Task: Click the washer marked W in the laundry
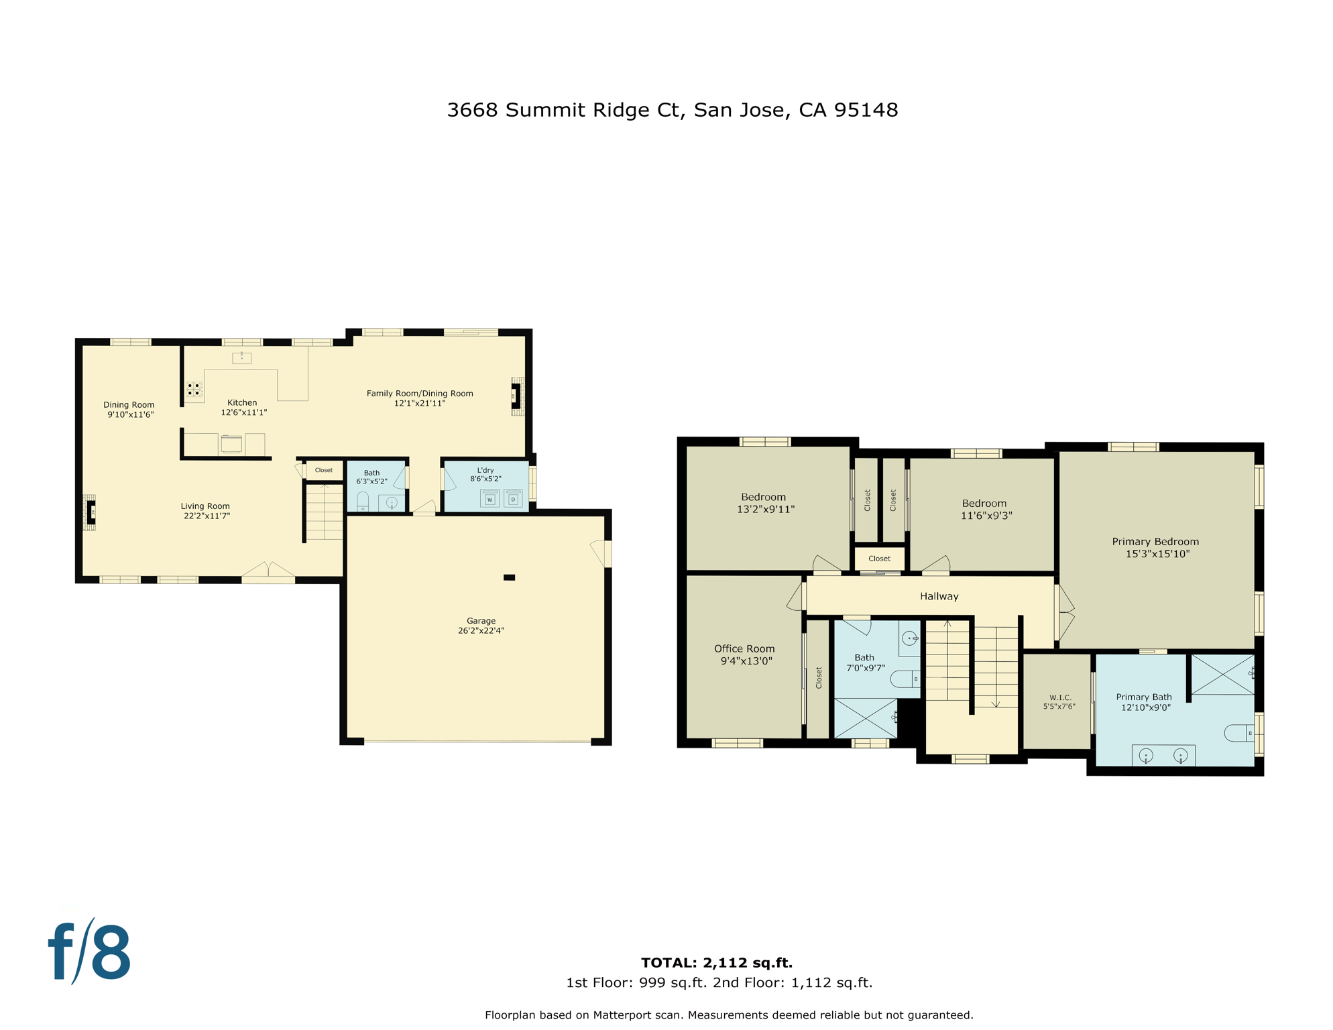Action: point(489,499)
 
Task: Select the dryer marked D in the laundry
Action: point(513,499)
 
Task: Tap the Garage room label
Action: point(481,621)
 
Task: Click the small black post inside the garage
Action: point(510,577)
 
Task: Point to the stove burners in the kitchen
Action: point(194,389)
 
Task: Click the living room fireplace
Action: point(90,512)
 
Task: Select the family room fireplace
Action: point(516,396)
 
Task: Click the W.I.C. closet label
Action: point(1060,697)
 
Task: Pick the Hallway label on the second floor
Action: point(939,596)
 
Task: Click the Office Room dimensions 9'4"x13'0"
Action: point(746,661)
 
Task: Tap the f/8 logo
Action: point(90,952)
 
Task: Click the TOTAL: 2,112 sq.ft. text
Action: point(716,963)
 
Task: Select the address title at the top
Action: point(672,110)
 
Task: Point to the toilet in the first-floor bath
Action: point(363,501)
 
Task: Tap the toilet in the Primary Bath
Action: point(1239,733)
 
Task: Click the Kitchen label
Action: point(242,402)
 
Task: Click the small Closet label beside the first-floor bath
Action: point(324,470)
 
